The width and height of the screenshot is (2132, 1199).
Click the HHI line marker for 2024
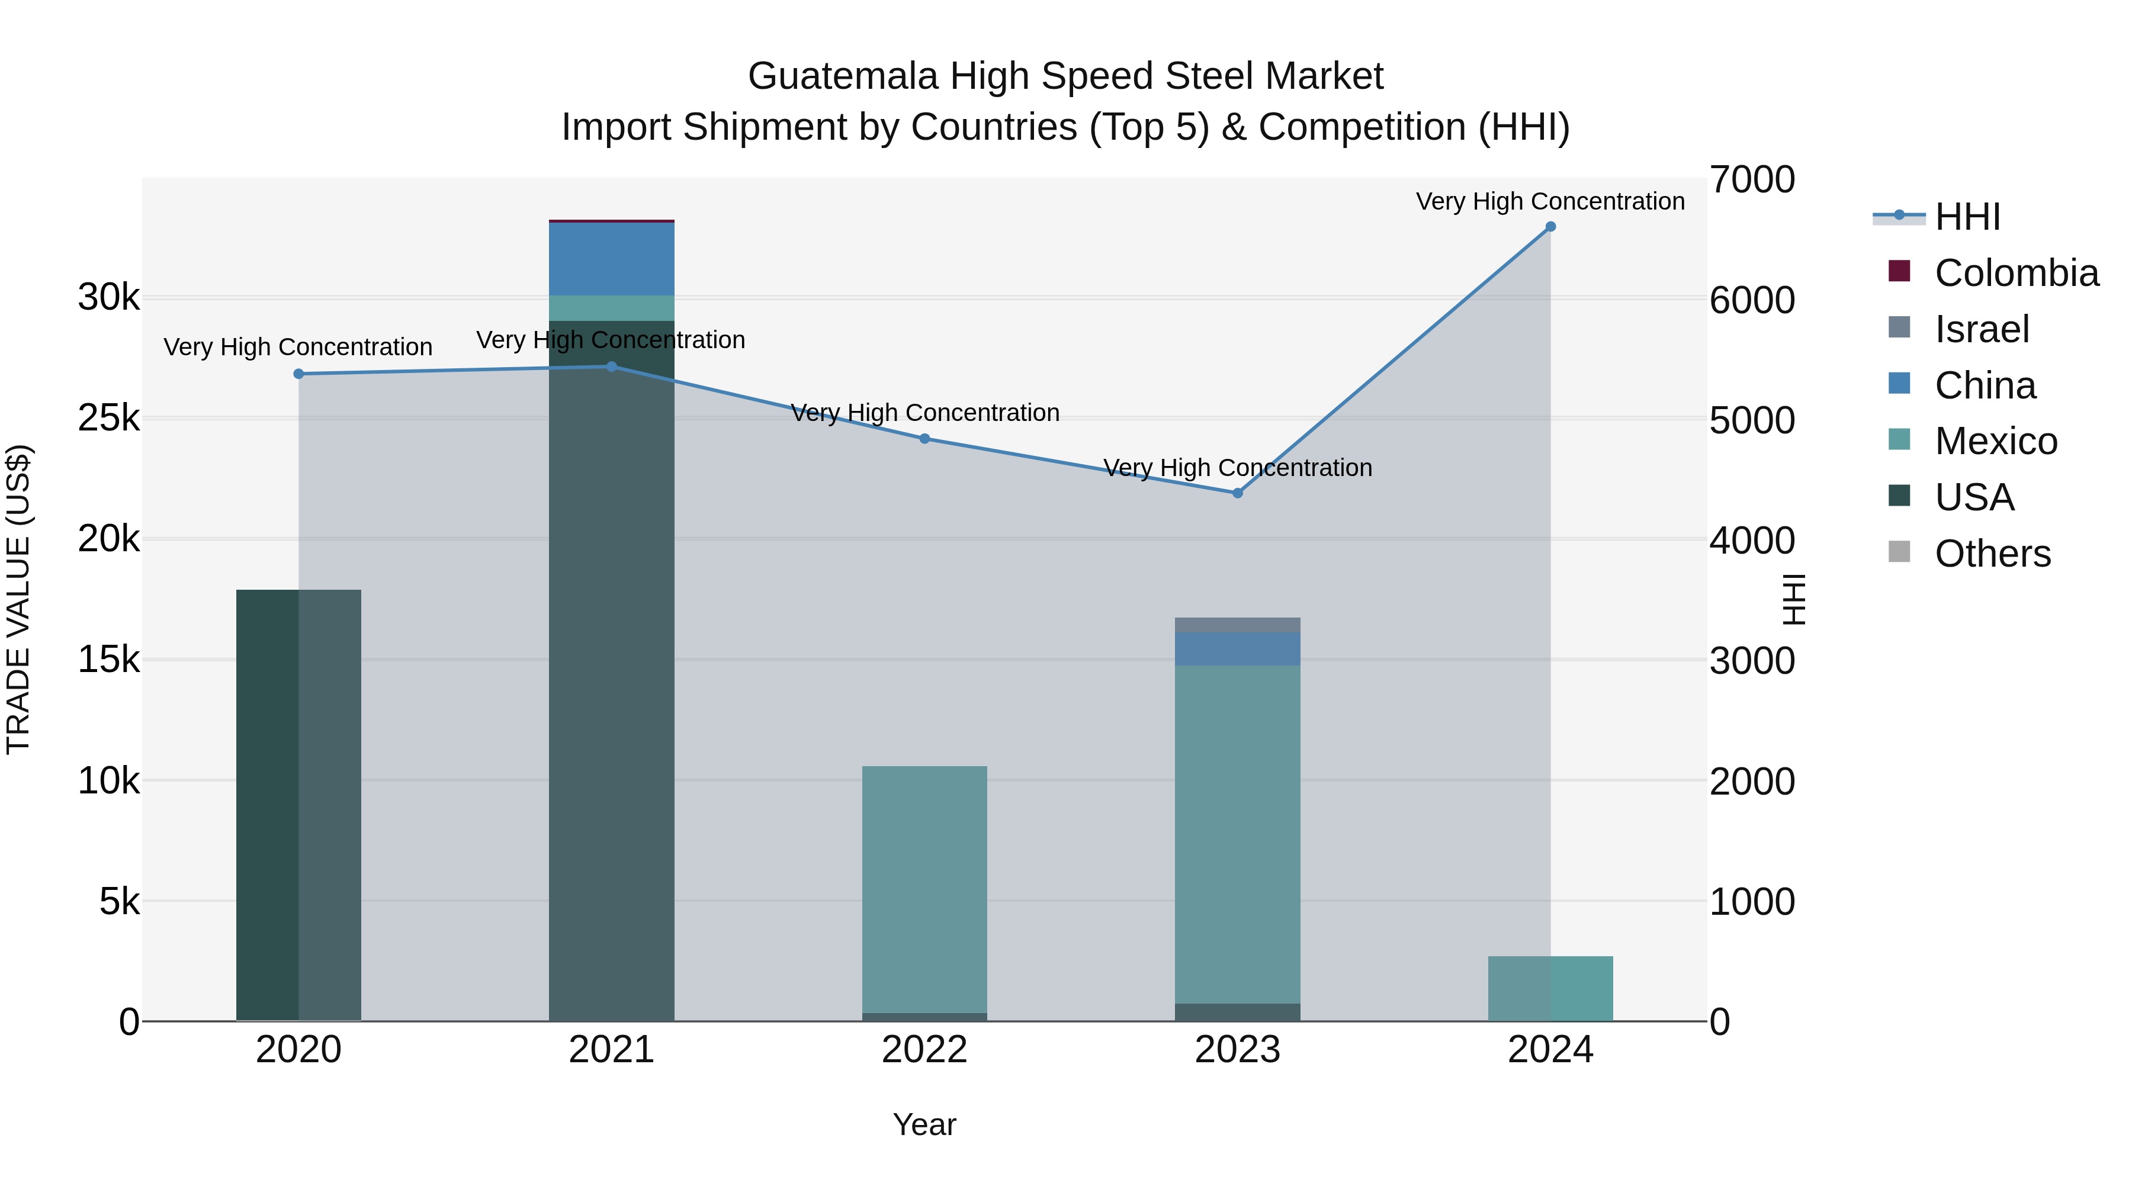[x=1550, y=227]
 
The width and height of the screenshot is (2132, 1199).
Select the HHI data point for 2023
[x=1237, y=493]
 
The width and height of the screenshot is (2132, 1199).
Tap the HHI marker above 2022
[x=924, y=439]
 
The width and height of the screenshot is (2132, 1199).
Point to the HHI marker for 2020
[x=299, y=374]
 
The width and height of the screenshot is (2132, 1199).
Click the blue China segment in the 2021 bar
[x=612, y=259]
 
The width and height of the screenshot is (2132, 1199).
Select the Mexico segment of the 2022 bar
[x=924, y=889]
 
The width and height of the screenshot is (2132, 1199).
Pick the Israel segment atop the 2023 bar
[x=1237, y=625]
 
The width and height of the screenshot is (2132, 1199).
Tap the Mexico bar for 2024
[x=1550, y=989]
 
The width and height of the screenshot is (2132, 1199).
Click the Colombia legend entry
[x=2015, y=273]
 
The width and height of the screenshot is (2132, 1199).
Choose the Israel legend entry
[x=1982, y=329]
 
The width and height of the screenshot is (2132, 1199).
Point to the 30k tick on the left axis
[x=109, y=297]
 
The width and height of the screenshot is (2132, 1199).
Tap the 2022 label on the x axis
[x=924, y=1050]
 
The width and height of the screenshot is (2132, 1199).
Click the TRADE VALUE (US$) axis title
[x=18, y=599]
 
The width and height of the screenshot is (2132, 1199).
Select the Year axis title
[x=924, y=1124]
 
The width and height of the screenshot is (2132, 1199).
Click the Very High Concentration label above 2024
[x=1550, y=201]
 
